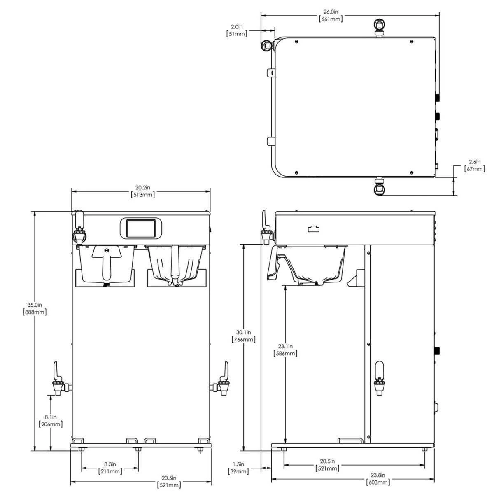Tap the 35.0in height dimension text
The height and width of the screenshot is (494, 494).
point(35,305)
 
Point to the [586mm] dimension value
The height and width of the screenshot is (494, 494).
point(285,353)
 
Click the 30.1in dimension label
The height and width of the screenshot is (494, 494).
point(244,332)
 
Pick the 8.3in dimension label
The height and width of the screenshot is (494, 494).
point(110,464)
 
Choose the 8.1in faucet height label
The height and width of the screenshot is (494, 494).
point(51,417)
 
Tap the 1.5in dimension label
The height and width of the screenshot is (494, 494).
point(238,464)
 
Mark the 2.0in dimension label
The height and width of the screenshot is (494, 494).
point(237,27)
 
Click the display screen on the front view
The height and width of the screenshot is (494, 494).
point(140,228)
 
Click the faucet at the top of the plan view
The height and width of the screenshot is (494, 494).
point(379,26)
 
